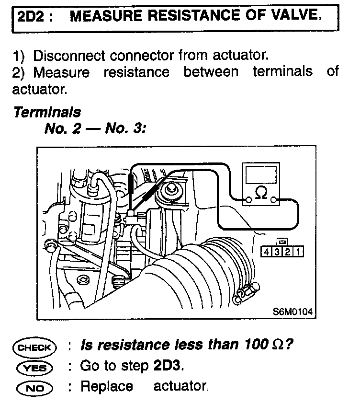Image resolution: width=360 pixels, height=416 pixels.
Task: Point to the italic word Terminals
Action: (47, 113)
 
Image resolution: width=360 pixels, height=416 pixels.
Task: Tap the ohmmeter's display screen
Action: (261, 174)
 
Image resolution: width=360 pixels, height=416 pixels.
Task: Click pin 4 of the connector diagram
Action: (266, 251)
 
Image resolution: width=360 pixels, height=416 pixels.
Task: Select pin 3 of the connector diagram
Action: (277, 251)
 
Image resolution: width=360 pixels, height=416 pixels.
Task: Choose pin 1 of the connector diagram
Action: (299, 251)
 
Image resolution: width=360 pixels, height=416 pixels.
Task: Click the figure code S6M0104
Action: (292, 312)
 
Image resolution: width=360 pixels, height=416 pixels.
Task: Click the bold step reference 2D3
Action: (168, 366)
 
